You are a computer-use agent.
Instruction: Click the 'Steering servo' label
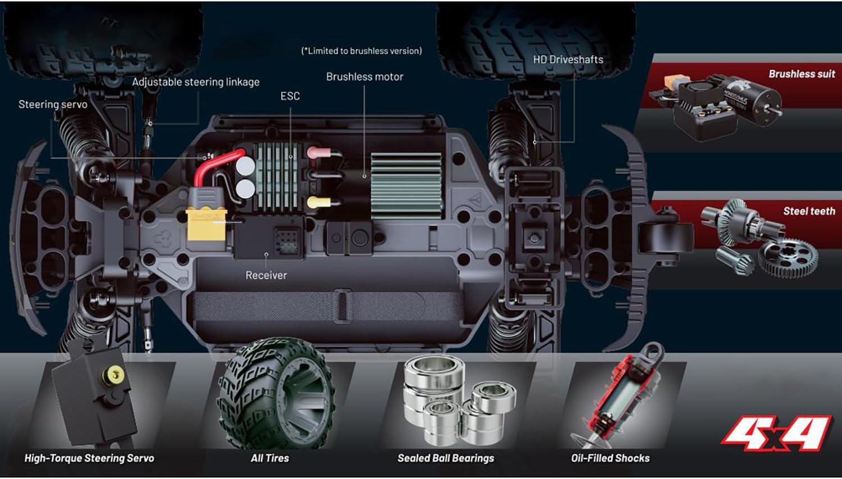53,104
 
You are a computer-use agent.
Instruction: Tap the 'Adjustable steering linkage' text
196,82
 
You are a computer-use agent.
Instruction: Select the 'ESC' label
290,96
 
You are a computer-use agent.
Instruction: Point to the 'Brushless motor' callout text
365,77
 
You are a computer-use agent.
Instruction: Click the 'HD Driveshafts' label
568,60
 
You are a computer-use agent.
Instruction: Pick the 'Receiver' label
266,275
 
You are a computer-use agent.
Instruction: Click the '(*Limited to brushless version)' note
361,51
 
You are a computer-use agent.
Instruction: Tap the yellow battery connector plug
207,225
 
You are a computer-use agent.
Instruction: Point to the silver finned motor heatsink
406,186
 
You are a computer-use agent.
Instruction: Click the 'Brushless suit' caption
802,74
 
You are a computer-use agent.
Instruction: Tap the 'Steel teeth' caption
809,211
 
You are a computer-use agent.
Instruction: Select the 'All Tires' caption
270,458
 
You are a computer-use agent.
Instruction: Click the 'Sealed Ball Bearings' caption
446,458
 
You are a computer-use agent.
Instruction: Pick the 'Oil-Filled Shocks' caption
610,458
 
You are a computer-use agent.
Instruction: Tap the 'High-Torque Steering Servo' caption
89,458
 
